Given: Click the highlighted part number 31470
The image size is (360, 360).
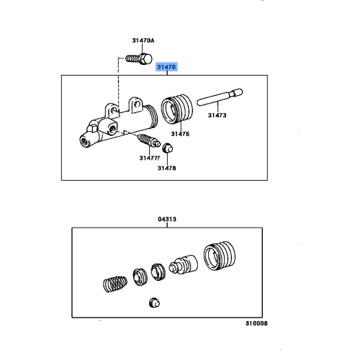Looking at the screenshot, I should point(166,67).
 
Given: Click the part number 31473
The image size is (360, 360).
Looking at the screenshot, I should point(218,114).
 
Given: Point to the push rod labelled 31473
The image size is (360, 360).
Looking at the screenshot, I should point(219,96).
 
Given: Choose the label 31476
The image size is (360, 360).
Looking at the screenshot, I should point(180,133).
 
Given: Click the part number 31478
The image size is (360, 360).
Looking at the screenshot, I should point(167,168).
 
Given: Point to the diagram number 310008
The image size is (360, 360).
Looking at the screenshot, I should point(255,323).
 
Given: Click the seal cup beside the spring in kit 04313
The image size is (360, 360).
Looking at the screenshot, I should point(138,277).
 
